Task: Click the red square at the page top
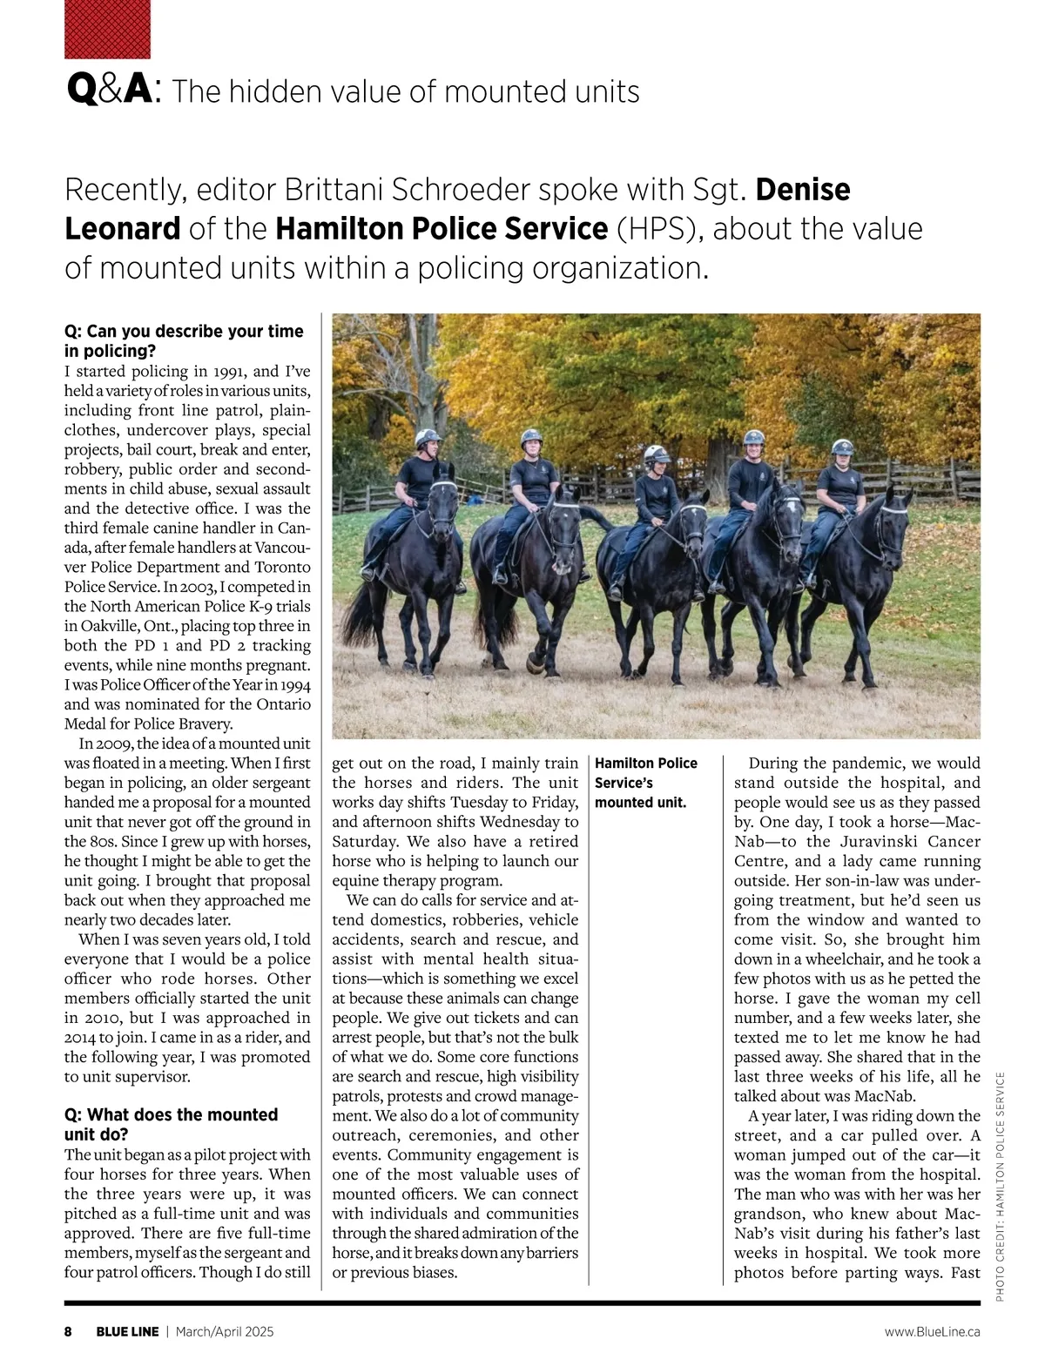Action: point(107,29)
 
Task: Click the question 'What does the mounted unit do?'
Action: point(171,1124)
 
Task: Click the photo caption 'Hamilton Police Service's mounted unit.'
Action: point(646,782)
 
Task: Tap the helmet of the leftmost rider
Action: point(426,437)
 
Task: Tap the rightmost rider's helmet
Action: point(842,447)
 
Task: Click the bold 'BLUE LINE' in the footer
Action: point(127,1331)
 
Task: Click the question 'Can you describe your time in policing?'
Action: point(183,340)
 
